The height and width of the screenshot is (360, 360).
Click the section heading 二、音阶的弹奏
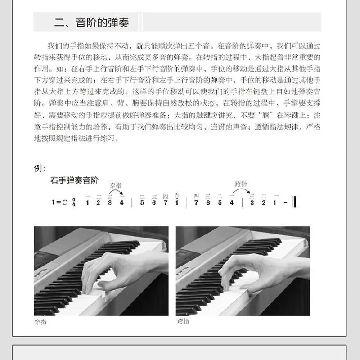92,22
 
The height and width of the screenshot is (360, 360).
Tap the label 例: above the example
40,168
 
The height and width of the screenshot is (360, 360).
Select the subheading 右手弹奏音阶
74,180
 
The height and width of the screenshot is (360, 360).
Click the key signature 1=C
59,202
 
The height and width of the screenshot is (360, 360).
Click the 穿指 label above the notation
116,185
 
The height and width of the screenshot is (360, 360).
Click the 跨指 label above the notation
241,184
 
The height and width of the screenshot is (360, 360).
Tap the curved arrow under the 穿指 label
116,190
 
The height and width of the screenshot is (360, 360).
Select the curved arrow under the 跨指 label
241,189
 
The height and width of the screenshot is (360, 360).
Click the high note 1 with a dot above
177,202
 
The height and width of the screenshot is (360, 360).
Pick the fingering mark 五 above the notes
177,195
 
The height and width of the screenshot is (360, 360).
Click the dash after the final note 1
285,202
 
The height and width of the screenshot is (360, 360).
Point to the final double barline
295,202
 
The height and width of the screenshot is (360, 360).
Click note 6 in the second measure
154,203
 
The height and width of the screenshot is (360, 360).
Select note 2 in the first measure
98,203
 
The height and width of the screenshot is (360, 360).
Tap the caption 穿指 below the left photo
40,322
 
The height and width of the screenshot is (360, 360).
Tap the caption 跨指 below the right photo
183,321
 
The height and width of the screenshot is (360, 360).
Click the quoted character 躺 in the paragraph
265,115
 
